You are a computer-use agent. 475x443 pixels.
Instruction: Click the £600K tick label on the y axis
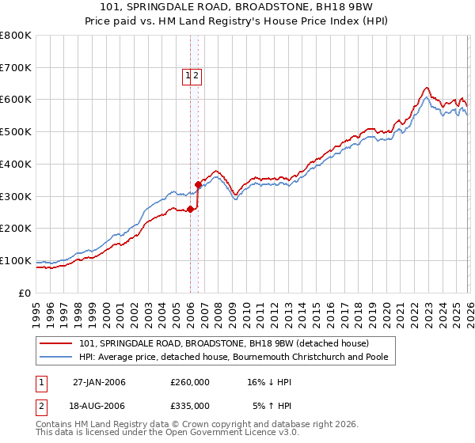coord(16,100)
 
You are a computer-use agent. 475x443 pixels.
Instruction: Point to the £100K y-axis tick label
coord(16,260)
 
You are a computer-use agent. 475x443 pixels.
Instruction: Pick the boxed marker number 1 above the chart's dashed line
coord(188,76)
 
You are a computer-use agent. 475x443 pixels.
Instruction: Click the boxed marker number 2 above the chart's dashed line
coord(196,76)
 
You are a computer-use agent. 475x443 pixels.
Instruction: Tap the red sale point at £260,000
coord(190,209)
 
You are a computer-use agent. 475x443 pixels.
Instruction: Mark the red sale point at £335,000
coord(198,185)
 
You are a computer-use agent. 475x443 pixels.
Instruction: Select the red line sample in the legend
coord(56,343)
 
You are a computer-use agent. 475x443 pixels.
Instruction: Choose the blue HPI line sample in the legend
coord(56,357)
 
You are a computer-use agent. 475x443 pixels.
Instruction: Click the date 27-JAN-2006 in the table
coord(99,382)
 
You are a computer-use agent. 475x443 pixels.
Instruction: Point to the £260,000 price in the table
coord(190,382)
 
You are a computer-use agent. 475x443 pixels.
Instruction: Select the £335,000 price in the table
coord(190,405)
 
